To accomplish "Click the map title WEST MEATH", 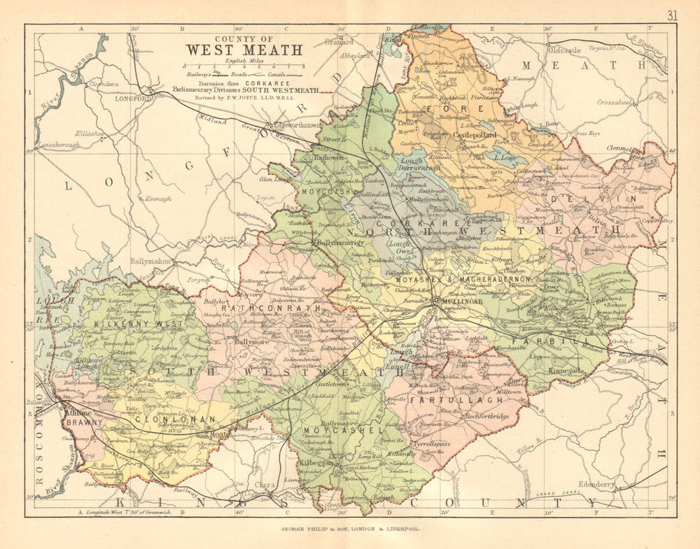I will point(244,50).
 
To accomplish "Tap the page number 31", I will point(672,15).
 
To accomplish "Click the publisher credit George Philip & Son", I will point(350,530).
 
